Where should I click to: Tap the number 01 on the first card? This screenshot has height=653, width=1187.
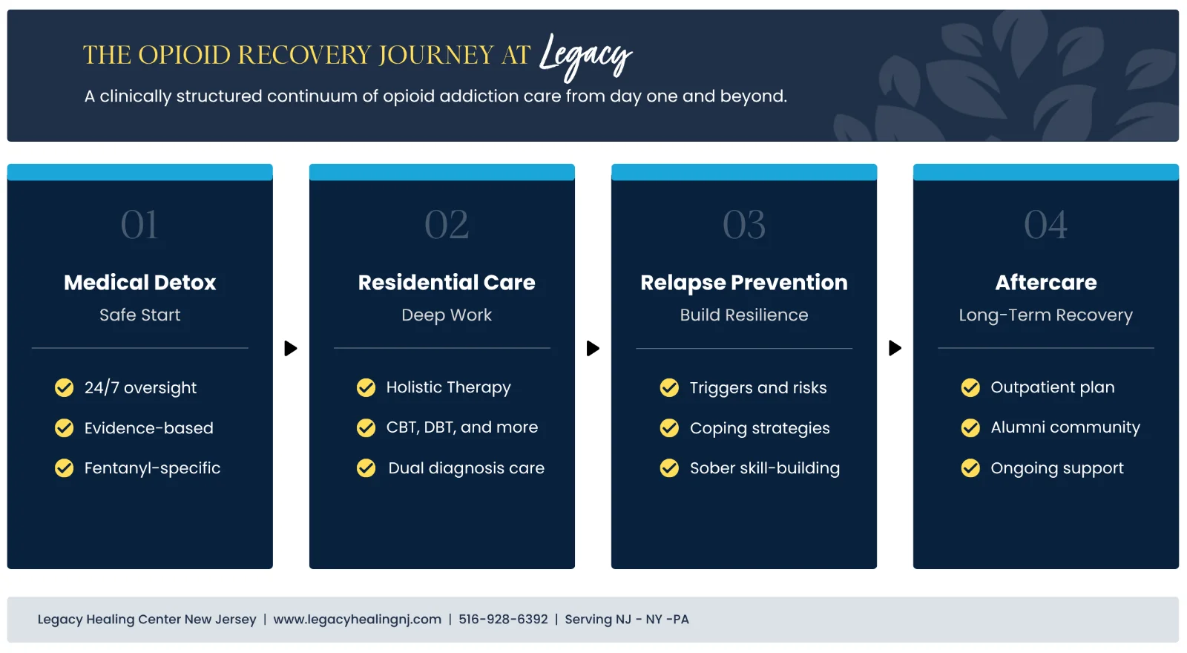coord(139,225)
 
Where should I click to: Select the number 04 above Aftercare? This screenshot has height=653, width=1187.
coord(1045,225)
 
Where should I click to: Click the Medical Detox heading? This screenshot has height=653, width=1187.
coord(139,283)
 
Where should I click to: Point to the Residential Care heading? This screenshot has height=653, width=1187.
coord(447,283)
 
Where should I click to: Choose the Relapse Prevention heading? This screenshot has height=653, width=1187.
coord(743,283)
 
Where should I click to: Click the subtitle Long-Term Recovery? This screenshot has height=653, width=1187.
coord(1045,315)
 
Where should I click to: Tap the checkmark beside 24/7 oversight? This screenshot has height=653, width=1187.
coord(65,388)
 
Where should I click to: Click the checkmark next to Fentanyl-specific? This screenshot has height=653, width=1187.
coord(65,468)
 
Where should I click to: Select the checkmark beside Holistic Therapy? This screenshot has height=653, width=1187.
coord(366,388)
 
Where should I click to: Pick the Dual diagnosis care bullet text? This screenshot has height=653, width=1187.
coord(466,468)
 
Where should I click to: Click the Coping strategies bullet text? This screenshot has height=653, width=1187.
coord(760,428)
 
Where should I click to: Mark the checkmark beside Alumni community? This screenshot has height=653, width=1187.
coord(970,428)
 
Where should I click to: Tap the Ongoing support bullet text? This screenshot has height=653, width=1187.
coord(1057,468)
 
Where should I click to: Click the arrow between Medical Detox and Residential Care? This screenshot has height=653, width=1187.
coord(291,348)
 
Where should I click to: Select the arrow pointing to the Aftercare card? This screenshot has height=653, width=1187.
coord(895,348)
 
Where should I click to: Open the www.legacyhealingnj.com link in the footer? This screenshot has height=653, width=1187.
coord(357,620)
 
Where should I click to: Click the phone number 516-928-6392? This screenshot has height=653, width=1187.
coord(503,620)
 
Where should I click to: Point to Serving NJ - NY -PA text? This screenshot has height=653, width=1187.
coord(627,620)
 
